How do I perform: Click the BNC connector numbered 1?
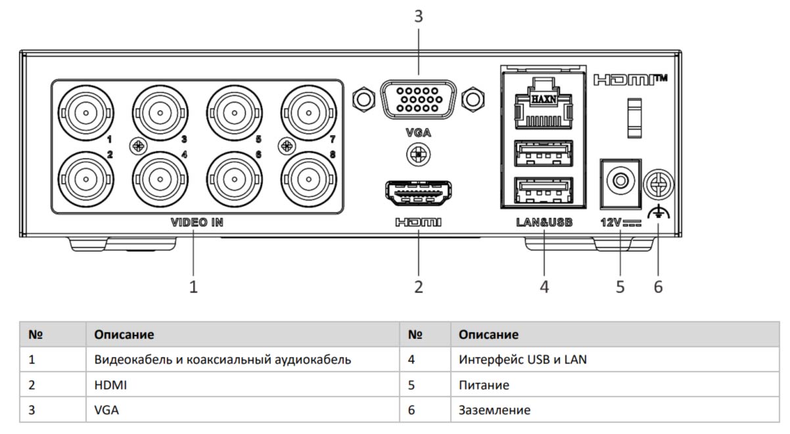pos(85,113)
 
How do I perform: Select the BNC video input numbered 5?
pos(233,113)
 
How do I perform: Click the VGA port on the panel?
pos(418,100)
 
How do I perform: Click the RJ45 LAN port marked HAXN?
pos(544,102)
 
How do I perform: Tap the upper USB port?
pos(544,153)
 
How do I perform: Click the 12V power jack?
pos(620,178)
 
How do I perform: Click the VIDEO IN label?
pos(197,222)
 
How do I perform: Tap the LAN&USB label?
pos(544,222)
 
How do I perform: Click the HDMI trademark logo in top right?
pos(629,80)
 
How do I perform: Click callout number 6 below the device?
pos(658,287)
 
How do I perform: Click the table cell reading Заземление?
pos(494,410)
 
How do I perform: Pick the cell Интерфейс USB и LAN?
pos(519,360)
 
